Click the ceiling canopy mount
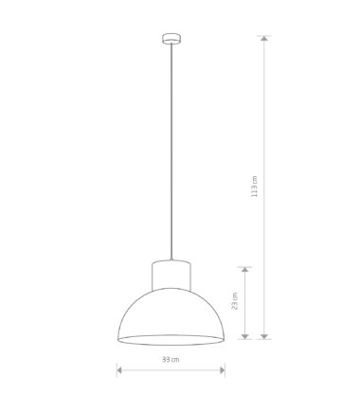171,38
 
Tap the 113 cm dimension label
254,187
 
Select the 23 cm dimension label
235,301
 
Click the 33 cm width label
171,359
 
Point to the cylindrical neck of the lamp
171,275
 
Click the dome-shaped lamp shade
171,315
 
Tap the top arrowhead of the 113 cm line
264,38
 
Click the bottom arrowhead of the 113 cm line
264,336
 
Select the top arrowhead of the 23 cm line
245,269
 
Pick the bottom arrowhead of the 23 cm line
245,336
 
